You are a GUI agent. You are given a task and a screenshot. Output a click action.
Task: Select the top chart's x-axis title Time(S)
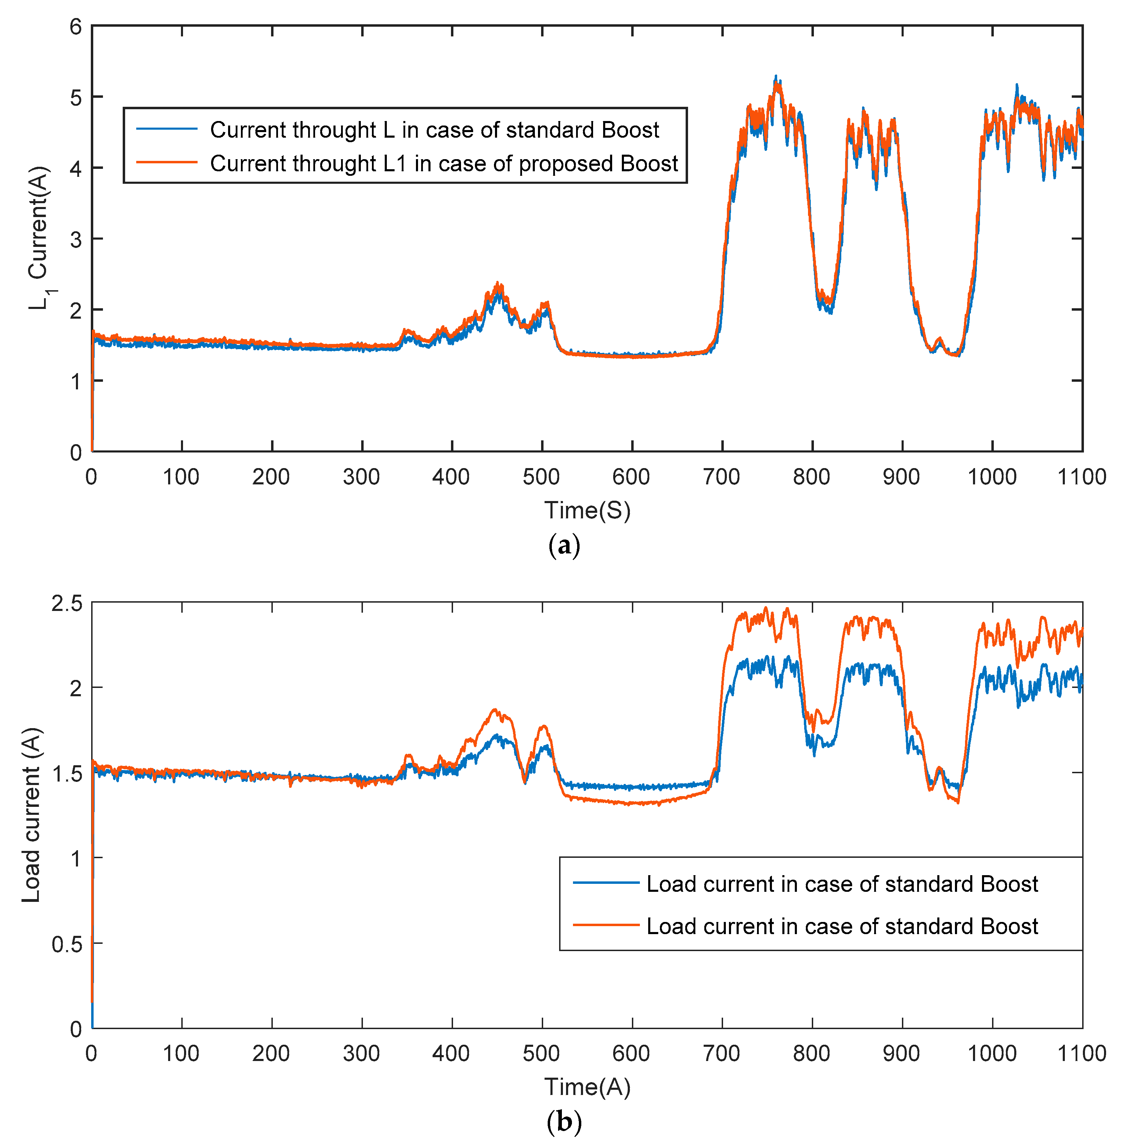pos(587,510)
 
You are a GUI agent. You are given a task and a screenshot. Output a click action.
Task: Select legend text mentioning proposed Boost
pos(444,163)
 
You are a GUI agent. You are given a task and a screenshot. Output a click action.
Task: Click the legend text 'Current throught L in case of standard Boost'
pos(435,130)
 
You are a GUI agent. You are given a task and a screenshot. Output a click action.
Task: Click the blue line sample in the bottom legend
pos(606,883)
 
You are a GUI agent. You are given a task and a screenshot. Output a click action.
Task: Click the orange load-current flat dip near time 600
pos(632,803)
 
